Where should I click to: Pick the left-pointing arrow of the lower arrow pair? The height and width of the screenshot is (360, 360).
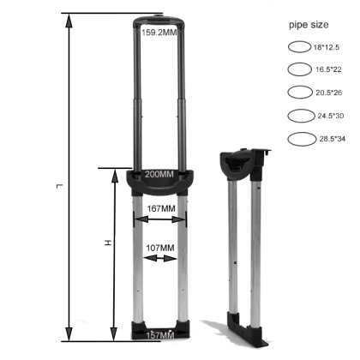click(x=142, y=257)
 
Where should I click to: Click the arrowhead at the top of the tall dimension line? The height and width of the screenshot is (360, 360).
click(x=68, y=21)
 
